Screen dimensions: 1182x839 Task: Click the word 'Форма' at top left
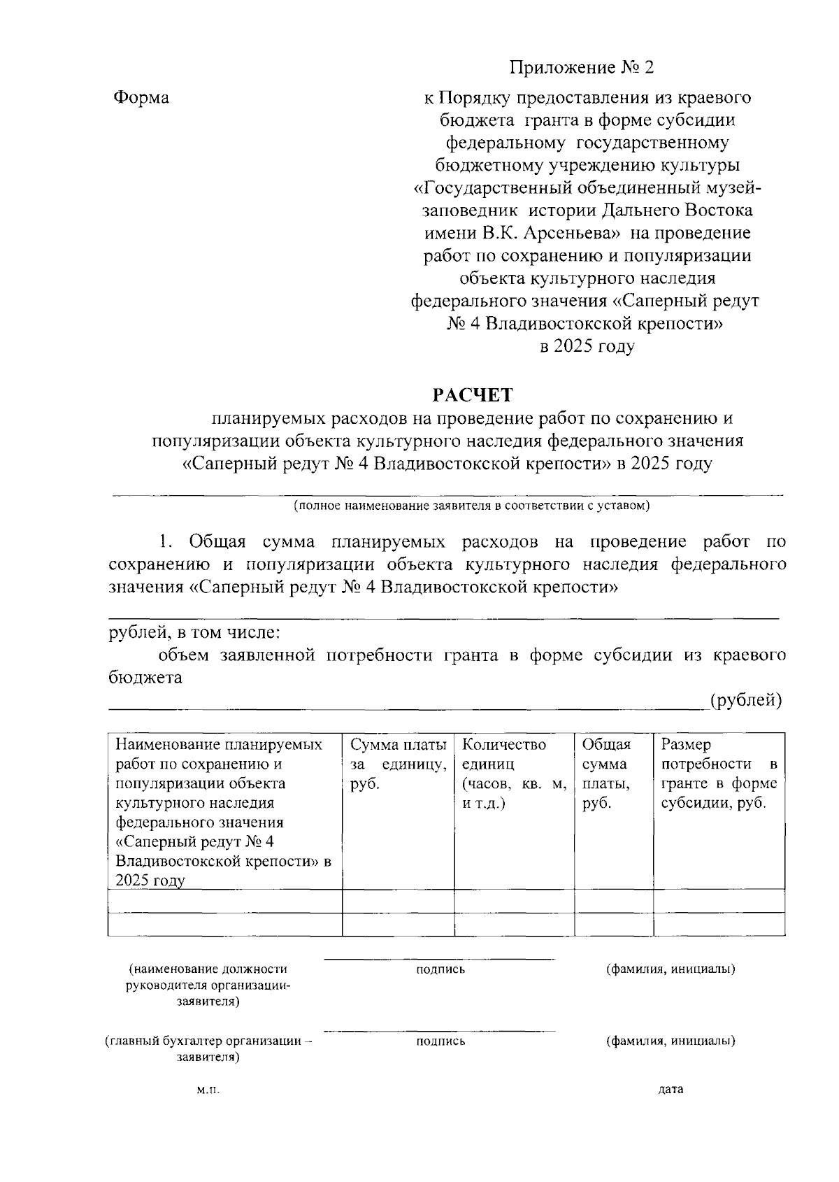coord(141,97)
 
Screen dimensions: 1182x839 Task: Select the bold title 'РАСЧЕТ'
coord(472,394)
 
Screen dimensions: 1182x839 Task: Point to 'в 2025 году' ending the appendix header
coord(587,346)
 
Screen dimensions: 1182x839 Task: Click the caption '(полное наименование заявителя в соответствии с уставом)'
coord(471,506)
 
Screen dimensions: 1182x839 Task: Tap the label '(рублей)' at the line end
coord(745,700)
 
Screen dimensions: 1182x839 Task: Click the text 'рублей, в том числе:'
coord(194,633)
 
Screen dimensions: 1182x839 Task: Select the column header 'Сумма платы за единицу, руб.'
coord(398,764)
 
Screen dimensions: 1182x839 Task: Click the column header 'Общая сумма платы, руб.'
coord(607,774)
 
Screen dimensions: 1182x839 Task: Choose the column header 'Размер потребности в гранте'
coord(719,774)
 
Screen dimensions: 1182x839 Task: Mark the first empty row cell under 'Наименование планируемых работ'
coord(224,901)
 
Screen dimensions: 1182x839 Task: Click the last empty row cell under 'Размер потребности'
coord(719,925)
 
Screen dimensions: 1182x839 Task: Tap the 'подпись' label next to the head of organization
coord(440,969)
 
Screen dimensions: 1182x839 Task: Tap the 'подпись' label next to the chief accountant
coord(440,1041)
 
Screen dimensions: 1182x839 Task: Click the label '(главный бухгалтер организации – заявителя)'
coord(208,1048)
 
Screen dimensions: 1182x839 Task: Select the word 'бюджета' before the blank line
coord(145,677)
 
